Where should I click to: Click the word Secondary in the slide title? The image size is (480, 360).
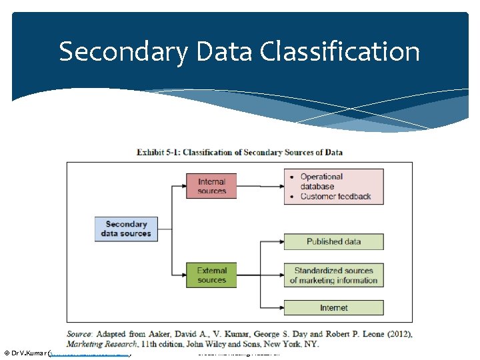click(123, 51)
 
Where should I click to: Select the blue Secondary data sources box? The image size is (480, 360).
click(126, 229)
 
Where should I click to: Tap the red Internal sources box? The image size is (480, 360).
click(211, 186)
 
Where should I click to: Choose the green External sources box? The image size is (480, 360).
click(211, 275)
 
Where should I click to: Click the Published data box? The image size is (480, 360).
click(333, 241)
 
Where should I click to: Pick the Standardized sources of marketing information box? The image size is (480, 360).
click(333, 275)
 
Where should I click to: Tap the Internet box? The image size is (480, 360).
click(333, 307)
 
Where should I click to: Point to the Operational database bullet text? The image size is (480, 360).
click(321, 181)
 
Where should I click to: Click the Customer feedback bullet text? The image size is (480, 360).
click(335, 196)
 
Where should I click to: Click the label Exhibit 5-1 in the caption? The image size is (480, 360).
click(158, 152)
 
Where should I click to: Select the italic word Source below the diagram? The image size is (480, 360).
click(81, 334)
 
